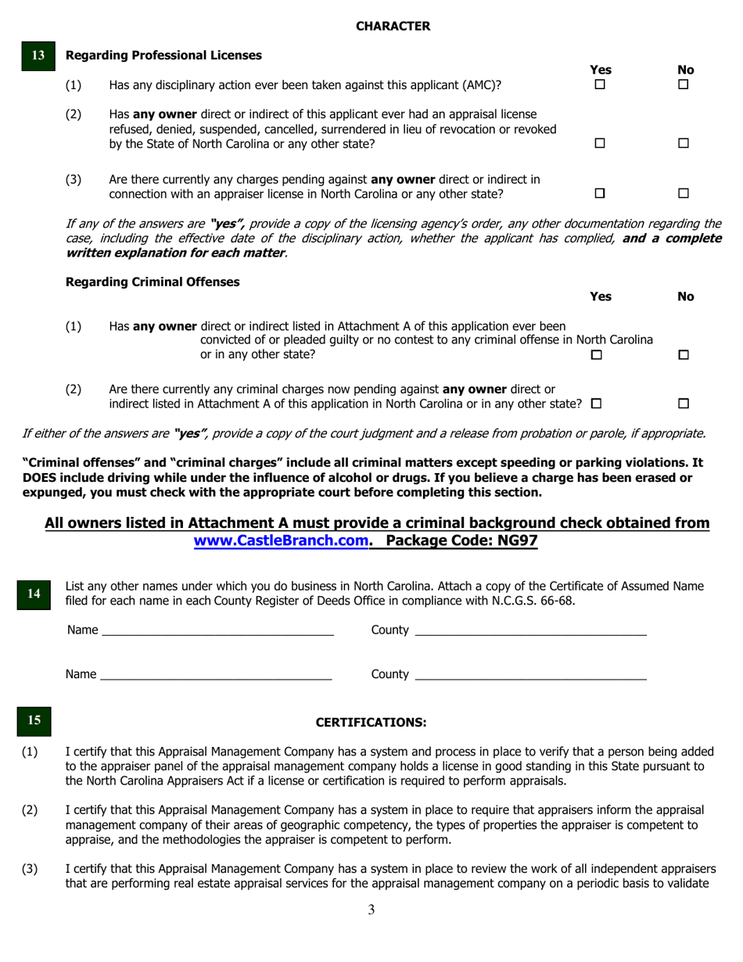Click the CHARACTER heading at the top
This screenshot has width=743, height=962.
[393, 26]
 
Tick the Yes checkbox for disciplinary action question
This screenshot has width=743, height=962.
[600, 84]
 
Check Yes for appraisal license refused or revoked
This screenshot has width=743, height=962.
[600, 144]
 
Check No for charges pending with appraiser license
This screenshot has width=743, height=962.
[683, 193]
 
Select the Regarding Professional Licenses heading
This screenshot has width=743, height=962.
[164, 56]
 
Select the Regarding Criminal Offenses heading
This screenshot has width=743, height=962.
[153, 282]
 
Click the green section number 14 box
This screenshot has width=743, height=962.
[34, 594]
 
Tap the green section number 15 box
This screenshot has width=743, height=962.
[34, 720]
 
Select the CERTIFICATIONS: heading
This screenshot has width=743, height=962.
[371, 722]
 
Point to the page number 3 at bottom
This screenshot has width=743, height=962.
[371, 910]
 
